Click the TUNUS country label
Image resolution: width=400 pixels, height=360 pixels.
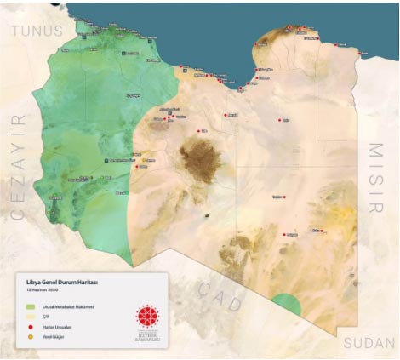[x=37, y=31]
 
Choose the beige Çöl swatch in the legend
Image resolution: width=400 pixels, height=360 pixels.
[x=31, y=316]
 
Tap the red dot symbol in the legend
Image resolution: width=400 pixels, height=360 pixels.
[x=31, y=326]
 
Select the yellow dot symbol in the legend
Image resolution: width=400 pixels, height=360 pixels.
[x=31, y=336]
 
